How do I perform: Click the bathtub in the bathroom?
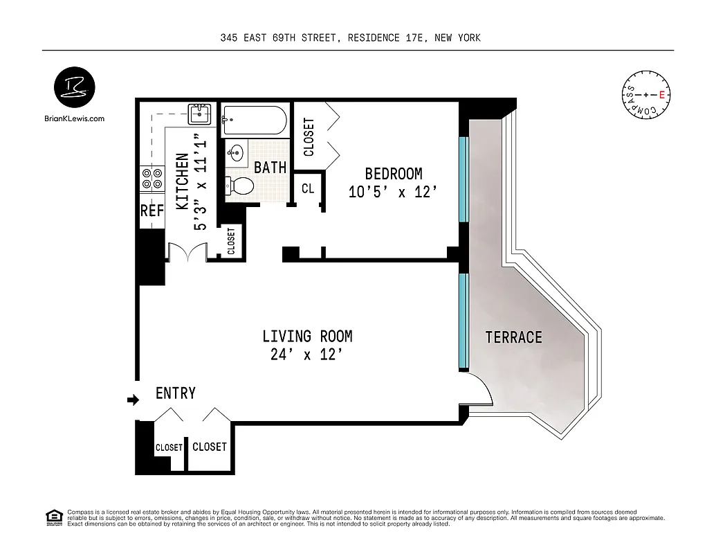click(254, 120)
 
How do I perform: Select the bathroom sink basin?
click(237, 152)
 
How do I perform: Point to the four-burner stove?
click(152, 178)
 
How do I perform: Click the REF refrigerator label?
click(152, 211)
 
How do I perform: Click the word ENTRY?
click(175, 393)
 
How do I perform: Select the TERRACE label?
click(513, 337)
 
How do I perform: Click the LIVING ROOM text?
click(307, 337)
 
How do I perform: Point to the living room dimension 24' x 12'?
click(307, 355)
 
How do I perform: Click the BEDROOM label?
click(393, 174)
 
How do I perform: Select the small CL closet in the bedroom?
click(307, 188)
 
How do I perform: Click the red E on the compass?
click(662, 95)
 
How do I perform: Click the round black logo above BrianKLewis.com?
click(74, 88)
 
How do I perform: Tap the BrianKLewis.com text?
click(73, 118)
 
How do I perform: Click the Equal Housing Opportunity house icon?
click(53, 516)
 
